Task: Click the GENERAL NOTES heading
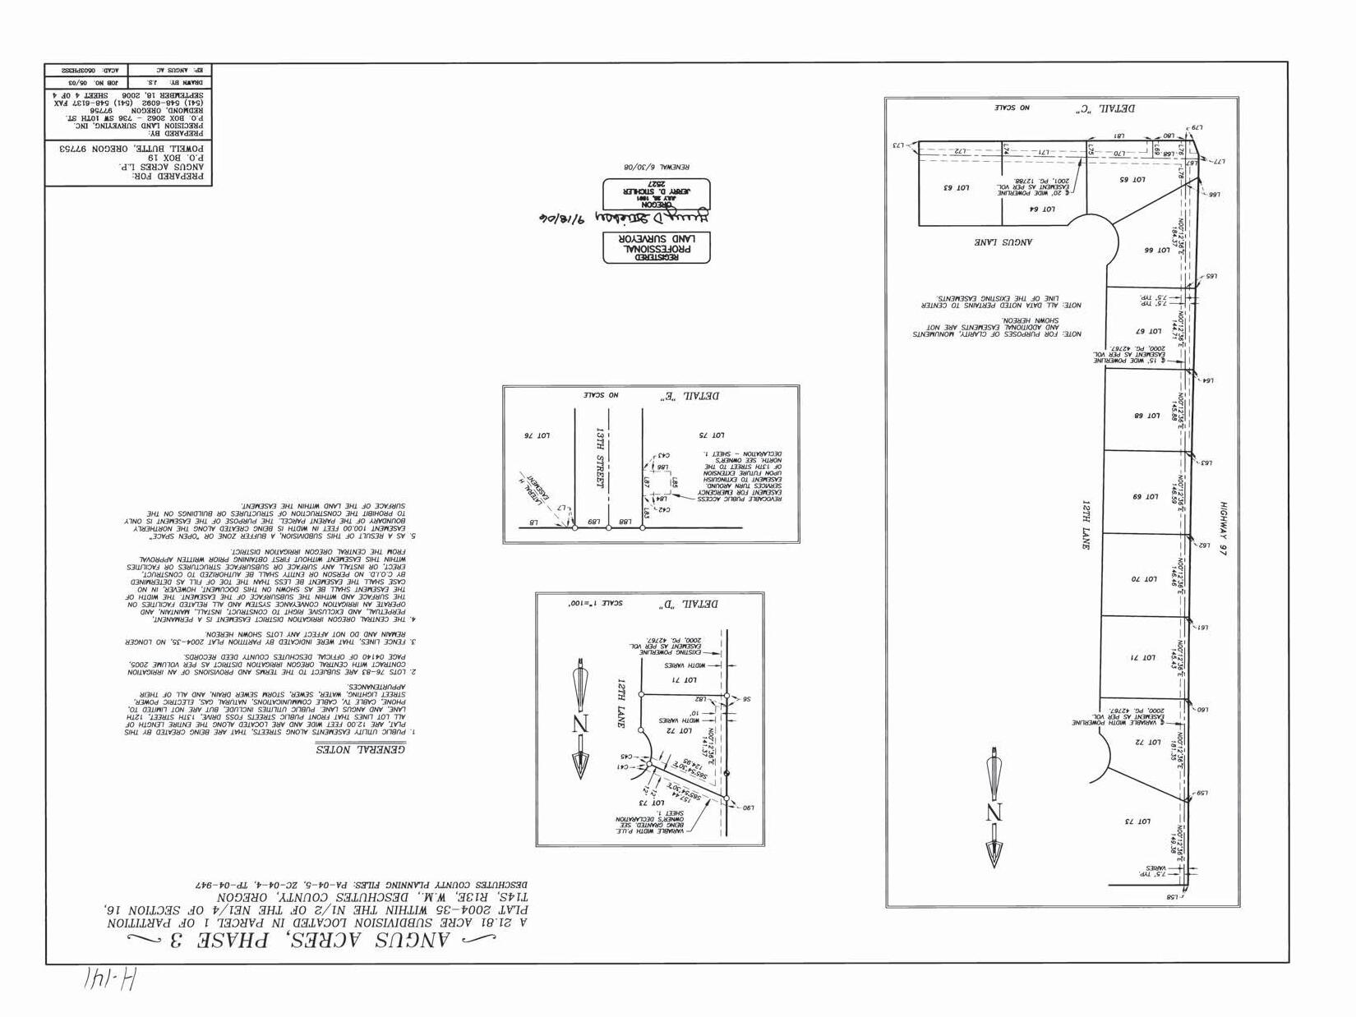361,749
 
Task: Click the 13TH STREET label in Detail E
601,458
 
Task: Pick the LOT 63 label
957,188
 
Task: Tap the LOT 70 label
1143,579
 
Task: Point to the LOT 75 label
712,435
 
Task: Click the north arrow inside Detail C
994,809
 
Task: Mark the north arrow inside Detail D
581,720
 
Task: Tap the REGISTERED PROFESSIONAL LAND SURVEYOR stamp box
657,247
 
